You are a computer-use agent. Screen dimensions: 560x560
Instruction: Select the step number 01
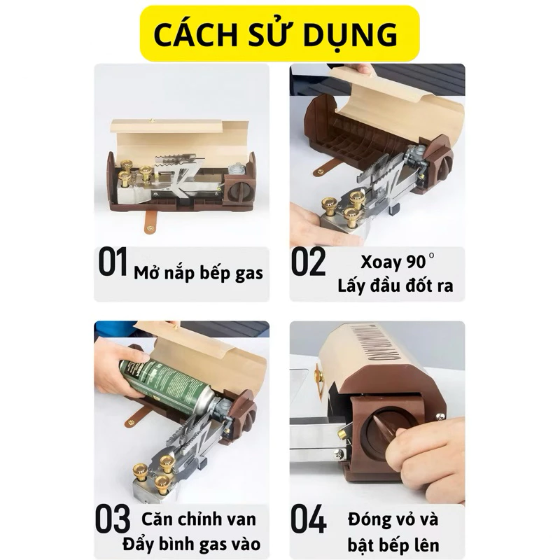coord(113,262)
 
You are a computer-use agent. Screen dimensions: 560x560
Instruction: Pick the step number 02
coord(309,262)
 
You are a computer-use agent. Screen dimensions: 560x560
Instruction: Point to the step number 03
coord(113,519)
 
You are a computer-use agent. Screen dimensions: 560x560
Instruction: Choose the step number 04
coord(309,519)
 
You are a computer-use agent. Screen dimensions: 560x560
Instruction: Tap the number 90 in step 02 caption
coord(416,262)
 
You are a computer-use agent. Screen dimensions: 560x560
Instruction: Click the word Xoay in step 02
coord(381,262)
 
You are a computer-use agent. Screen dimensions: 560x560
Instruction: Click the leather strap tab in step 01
coord(151,221)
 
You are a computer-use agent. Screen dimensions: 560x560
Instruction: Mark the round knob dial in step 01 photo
coord(239,192)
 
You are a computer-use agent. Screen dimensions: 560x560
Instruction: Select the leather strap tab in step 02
coord(325,167)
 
